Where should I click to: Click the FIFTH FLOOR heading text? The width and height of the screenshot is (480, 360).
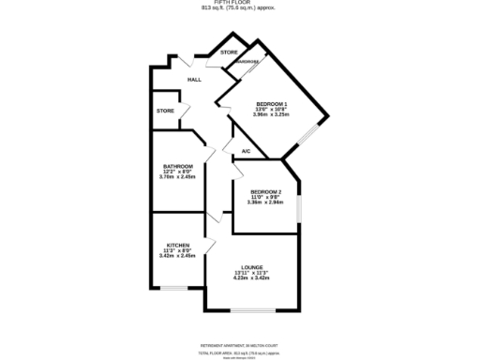point(239,3)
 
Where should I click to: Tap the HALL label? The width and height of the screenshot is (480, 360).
point(194,80)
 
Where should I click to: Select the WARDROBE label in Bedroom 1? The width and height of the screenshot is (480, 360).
point(247,62)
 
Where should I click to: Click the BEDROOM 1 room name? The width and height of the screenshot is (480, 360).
point(272,103)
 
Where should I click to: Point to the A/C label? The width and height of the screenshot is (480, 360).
point(246,151)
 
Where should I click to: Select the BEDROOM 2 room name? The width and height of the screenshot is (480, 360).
point(265,191)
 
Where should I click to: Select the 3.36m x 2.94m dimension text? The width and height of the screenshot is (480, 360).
point(265,202)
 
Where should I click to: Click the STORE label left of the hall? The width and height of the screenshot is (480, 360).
point(165,111)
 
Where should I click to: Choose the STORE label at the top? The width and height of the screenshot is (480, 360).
point(229,52)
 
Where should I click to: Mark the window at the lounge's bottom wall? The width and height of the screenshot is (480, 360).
point(251,310)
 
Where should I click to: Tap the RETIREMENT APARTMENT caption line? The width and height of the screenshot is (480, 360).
point(239,331)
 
